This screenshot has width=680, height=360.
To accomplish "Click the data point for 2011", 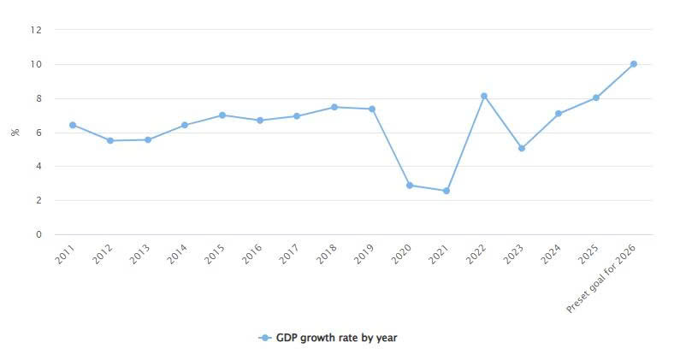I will point(73,125).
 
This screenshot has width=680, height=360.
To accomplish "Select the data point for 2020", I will point(410,186).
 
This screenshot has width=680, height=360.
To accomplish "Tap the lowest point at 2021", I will point(446,191).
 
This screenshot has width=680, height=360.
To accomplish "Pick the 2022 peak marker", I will point(484,96).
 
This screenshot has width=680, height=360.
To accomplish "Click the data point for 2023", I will point(522,148).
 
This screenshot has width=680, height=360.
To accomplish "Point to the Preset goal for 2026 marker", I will point(634,64).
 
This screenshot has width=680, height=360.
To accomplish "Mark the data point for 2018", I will point(334,107).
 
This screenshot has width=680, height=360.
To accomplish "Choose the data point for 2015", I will point(222,115).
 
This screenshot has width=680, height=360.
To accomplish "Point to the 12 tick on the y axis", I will point(36,30).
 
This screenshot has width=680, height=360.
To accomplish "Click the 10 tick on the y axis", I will point(36,64).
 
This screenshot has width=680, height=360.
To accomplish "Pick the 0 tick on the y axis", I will point(38,234).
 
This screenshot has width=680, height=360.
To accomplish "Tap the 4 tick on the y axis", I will point(38,166).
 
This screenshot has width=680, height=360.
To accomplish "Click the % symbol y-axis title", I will point(15,133).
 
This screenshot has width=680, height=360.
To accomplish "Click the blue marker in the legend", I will point(266,338).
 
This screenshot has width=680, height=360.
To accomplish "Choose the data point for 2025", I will point(596,97).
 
